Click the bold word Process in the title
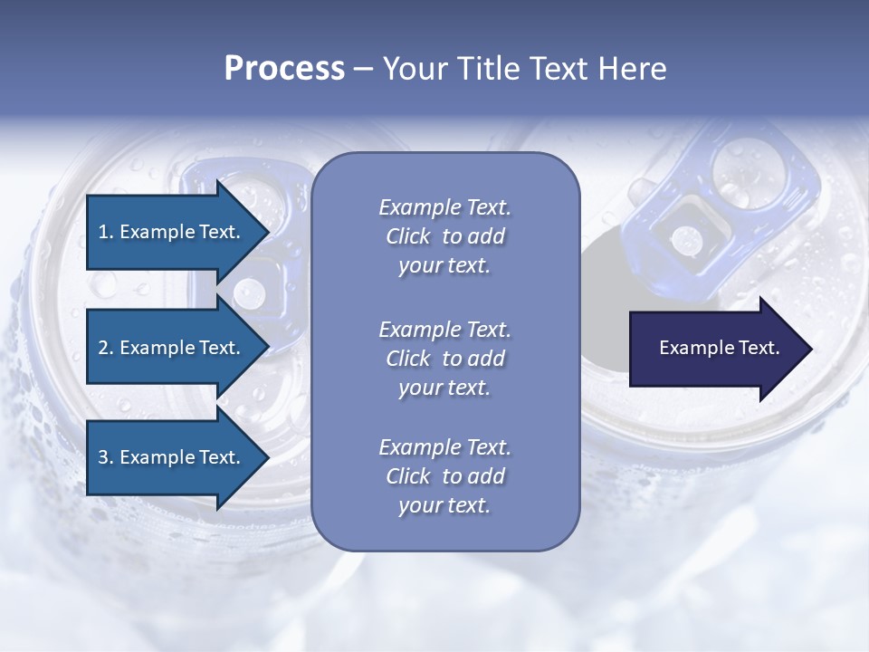(x=284, y=69)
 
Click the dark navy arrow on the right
(x=715, y=349)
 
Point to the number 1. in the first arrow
(x=106, y=232)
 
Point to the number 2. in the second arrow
(x=106, y=348)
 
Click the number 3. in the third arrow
(x=106, y=457)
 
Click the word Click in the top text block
(x=408, y=237)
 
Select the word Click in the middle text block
(x=408, y=359)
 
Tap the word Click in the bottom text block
(x=408, y=476)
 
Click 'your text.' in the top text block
(x=444, y=266)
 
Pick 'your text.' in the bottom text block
(x=444, y=506)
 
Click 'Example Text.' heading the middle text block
(x=444, y=329)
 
